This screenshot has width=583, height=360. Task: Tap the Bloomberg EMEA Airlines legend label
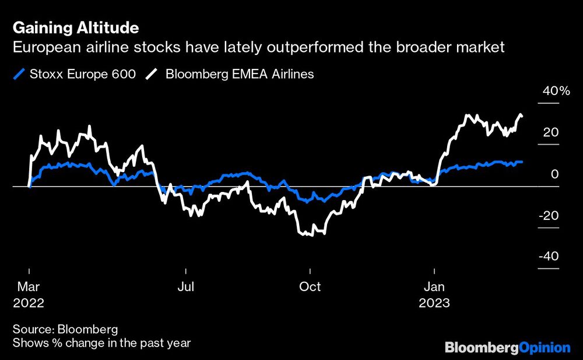(x=240, y=74)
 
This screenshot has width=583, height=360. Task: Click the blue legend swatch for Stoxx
(x=19, y=74)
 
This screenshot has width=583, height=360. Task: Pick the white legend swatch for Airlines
(x=152, y=74)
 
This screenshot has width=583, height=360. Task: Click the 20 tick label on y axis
(x=551, y=132)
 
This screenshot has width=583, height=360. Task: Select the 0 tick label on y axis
(x=555, y=174)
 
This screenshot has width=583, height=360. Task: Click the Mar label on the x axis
(x=29, y=287)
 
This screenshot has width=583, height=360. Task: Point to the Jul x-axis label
(x=185, y=287)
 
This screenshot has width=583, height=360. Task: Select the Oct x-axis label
(x=310, y=287)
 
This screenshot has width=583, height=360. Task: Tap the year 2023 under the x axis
(x=434, y=303)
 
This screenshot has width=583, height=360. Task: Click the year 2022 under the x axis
(x=29, y=303)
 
